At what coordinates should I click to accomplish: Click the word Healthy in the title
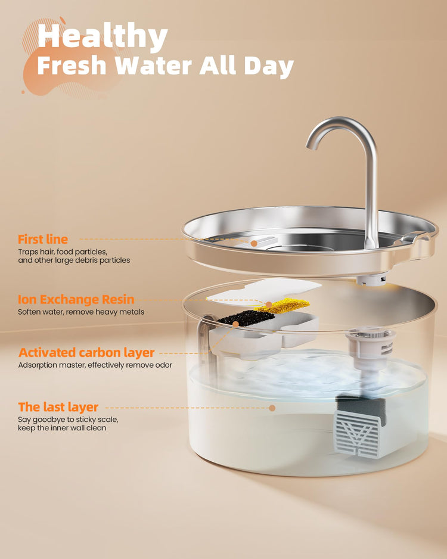pos(103,36)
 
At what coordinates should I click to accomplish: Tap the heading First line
pos(43,239)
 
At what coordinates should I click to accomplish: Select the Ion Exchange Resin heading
pos(76,299)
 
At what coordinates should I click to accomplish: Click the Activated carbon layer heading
pos(86,353)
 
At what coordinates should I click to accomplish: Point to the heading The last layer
pos(58,407)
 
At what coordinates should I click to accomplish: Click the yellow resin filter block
pos(283,306)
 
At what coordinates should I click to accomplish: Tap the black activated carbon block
pos(242,317)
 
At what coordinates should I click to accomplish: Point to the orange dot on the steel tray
pos(254,243)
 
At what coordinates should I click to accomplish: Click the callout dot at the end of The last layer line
pos(272,408)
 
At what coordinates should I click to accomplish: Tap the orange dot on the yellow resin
pos(269,305)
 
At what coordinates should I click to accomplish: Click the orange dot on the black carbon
pos(235,324)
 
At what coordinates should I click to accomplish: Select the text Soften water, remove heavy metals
pos(81,312)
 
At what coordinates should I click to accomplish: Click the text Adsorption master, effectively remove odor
pos(95,365)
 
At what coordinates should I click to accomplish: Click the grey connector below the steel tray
pos(372,279)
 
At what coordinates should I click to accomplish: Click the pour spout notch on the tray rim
pos(413,237)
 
